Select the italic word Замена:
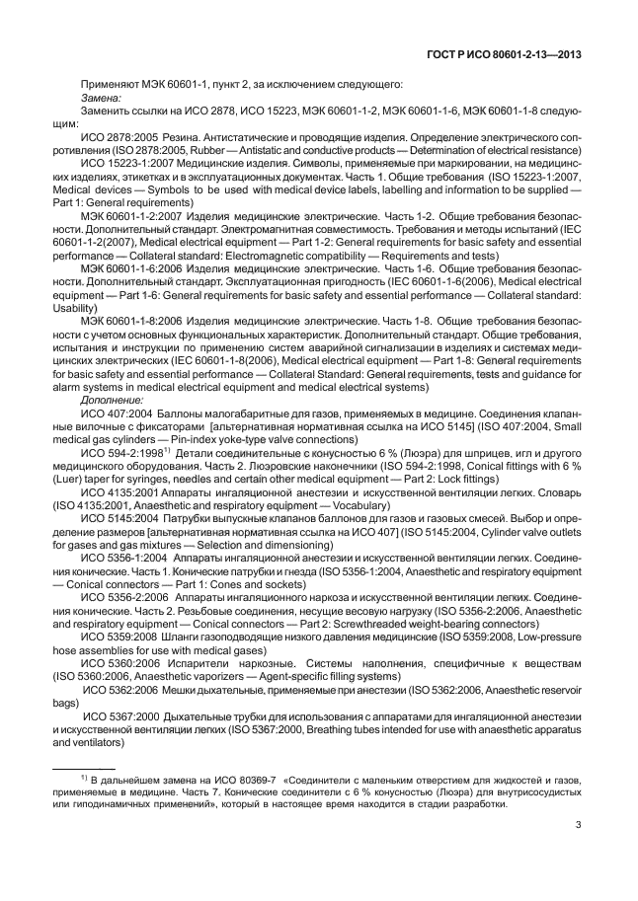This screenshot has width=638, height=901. click(101, 99)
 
